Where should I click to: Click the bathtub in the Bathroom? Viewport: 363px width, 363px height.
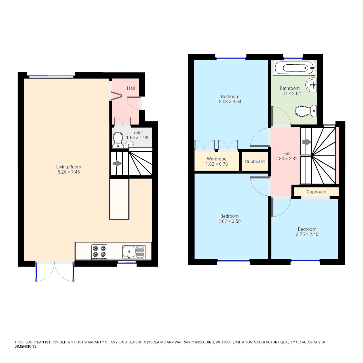(x=294, y=68)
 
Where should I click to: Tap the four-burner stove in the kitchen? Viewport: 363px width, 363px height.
(x=99, y=251)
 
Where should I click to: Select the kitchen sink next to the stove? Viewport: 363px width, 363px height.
(x=134, y=252)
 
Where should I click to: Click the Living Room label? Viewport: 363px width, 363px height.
(x=69, y=167)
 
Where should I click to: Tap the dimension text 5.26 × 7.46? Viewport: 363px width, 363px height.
(x=69, y=172)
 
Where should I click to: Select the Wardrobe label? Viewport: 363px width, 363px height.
(x=216, y=159)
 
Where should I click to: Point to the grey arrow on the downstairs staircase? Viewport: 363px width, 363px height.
(x=117, y=164)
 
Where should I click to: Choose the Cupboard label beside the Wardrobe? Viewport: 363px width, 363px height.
(x=255, y=161)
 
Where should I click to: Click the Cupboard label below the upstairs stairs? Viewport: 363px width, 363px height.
(x=316, y=192)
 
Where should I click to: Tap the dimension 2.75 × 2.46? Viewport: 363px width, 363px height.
(x=307, y=234)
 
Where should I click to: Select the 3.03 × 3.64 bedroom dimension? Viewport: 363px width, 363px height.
(x=230, y=102)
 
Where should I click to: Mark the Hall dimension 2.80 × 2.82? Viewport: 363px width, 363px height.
(x=286, y=159)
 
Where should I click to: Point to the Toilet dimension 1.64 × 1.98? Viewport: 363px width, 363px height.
(x=137, y=138)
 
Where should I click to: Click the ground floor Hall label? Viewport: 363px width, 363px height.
(x=131, y=88)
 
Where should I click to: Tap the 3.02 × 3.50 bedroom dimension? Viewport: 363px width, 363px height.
(x=229, y=221)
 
